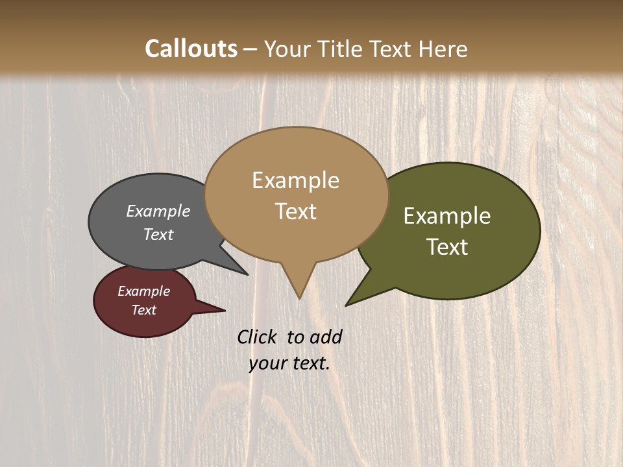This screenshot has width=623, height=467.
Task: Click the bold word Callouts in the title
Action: click(x=191, y=49)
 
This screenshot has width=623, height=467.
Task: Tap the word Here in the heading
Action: click(x=443, y=49)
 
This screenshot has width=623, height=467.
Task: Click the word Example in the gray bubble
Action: click(x=158, y=211)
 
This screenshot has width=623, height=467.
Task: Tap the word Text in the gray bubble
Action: click(x=158, y=234)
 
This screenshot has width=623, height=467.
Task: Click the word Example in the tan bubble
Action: click(x=295, y=180)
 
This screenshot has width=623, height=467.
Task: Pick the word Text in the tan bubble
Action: click(x=295, y=211)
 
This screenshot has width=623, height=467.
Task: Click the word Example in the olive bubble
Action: click(x=447, y=216)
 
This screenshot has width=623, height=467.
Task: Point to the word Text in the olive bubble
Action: click(x=447, y=247)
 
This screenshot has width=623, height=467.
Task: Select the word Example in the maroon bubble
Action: click(x=143, y=291)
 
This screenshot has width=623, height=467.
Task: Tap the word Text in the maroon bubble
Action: click(x=143, y=310)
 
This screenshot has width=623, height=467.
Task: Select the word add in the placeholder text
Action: click(x=326, y=337)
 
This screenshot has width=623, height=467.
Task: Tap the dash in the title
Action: click(x=251, y=49)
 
